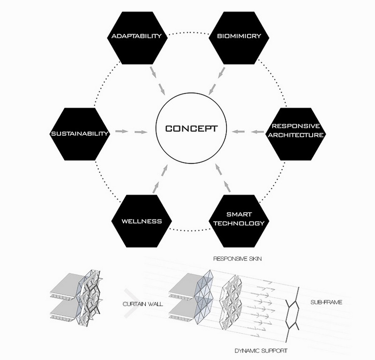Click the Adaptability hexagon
[137, 38]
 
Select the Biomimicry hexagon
[239, 38]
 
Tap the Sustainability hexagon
[80, 134]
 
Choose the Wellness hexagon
[142, 221]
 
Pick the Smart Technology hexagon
[239, 221]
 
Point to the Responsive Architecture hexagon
[296, 134]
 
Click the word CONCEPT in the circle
[191, 129]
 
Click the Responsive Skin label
[238, 259]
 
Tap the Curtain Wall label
[143, 304]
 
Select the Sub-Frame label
[326, 302]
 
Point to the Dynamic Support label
[261, 351]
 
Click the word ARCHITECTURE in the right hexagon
[296, 135]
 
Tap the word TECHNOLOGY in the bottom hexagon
[239, 223]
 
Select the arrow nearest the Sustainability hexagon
[121, 131]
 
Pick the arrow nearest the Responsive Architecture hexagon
[257, 132]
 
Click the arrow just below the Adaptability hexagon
[153, 72]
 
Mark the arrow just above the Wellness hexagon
[156, 187]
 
